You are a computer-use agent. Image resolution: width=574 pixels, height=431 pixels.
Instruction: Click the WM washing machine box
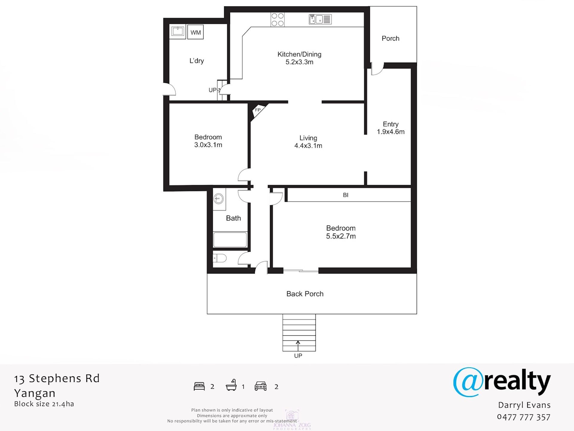[195, 32]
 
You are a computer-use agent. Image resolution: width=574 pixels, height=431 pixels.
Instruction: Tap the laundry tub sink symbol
[178, 31]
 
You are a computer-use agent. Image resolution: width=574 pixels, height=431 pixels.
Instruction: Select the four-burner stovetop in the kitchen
[277, 19]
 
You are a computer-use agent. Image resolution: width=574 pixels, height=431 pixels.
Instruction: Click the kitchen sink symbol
[320, 19]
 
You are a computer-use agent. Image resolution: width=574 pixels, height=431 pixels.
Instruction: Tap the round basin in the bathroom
[219, 198]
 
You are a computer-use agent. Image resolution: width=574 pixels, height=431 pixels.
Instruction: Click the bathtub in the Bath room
[230, 240]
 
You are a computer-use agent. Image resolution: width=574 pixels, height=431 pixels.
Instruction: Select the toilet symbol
[219, 258]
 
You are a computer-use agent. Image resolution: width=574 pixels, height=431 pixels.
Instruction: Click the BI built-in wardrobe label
[346, 195]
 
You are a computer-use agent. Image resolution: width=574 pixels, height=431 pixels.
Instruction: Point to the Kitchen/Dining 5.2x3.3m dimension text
[299, 62]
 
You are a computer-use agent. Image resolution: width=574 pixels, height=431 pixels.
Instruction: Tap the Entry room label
[390, 124]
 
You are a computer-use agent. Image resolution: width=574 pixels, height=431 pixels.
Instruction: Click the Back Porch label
[305, 294]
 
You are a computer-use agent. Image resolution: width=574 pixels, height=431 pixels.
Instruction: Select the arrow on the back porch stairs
[298, 345]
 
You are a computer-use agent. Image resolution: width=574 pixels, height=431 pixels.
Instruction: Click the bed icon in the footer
[199, 386]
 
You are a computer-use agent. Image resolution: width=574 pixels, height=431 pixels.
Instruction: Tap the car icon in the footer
[261, 386]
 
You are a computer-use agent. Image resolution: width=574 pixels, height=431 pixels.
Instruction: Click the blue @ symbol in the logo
[468, 382]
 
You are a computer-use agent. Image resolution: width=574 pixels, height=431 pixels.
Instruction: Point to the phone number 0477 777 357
[523, 417]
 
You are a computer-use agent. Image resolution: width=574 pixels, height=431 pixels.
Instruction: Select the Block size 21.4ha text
[44, 404]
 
